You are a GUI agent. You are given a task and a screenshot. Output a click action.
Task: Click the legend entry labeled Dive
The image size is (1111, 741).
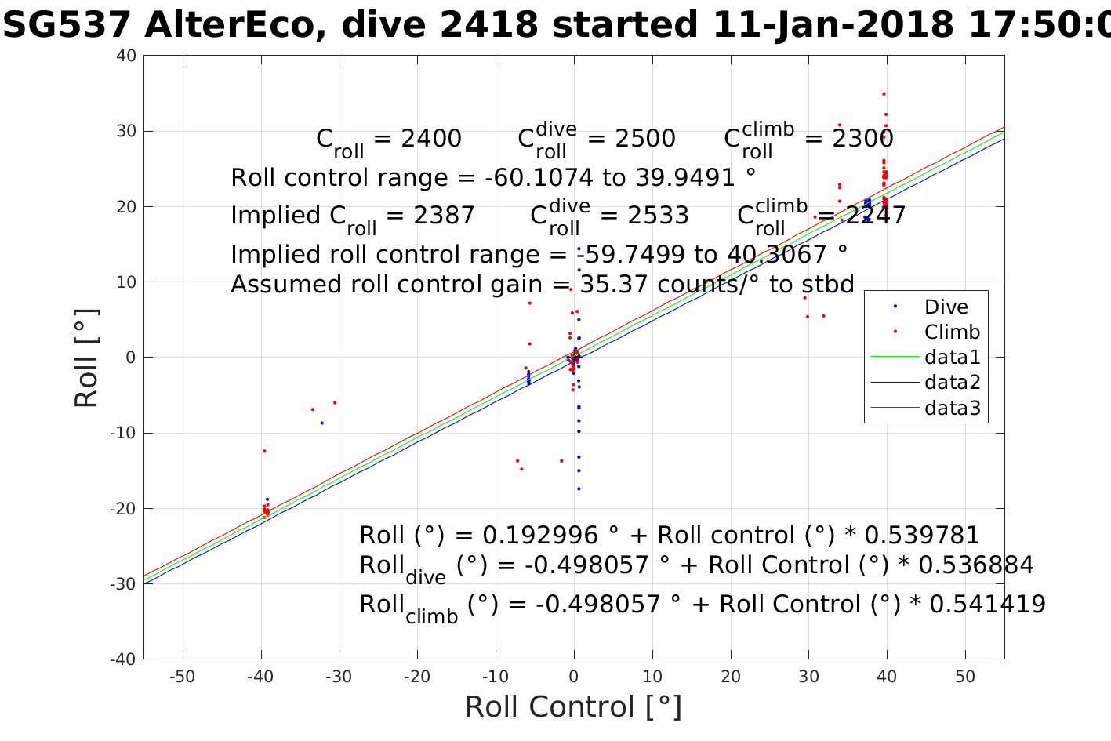[946, 307]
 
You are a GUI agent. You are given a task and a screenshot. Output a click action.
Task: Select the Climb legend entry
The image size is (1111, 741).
[952, 332]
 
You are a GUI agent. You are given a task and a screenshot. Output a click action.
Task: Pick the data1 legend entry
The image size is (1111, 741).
[952, 358]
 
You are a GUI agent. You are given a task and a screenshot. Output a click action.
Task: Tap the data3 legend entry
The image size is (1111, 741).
[952, 408]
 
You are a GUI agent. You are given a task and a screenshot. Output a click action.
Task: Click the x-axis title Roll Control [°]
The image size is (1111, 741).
[573, 706]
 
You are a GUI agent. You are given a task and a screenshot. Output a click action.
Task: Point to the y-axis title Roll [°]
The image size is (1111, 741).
[86, 358]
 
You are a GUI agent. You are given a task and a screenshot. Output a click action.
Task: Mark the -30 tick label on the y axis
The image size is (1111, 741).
[123, 584]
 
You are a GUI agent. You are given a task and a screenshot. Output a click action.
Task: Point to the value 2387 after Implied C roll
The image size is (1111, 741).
[443, 216]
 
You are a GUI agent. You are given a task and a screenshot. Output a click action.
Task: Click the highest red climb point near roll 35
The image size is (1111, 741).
[884, 94]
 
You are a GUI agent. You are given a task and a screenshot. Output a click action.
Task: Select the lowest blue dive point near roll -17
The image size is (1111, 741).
[579, 489]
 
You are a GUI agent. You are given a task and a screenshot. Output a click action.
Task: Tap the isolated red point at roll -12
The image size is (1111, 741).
[264, 451]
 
